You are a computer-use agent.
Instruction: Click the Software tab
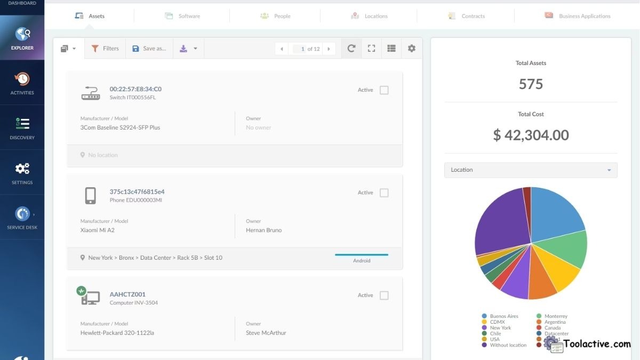pyautogui.click(x=182, y=16)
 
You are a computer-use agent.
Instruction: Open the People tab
pyautogui.click(x=275, y=16)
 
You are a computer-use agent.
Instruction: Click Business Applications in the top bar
pyautogui.click(x=578, y=16)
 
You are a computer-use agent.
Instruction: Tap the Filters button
pyautogui.click(x=105, y=49)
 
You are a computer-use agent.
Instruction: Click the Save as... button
pyautogui.click(x=149, y=49)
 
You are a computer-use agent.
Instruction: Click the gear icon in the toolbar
pyautogui.click(x=411, y=49)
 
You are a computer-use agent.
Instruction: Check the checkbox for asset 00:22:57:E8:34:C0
pyautogui.click(x=384, y=90)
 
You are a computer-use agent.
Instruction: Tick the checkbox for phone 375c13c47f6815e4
pyautogui.click(x=384, y=193)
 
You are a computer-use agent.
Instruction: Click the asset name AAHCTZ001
pyautogui.click(x=127, y=294)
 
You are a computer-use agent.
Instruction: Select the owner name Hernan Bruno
pyautogui.click(x=263, y=230)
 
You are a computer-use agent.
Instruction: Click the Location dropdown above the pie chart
pyautogui.click(x=531, y=170)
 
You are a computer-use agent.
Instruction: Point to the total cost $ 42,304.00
pyautogui.click(x=531, y=135)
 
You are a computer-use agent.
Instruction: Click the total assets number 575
pyautogui.click(x=531, y=84)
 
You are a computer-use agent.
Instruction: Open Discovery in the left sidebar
pyautogui.click(x=22, y=129)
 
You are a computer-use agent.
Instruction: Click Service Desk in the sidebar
pyautogui.click(x=22, y=218)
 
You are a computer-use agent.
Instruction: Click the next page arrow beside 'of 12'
pyautogui.click(x=329, y=49)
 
